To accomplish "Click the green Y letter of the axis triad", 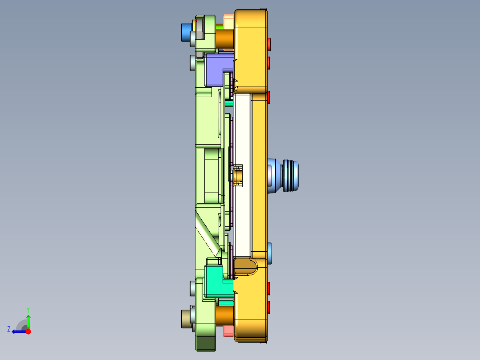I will click(x=28, y=309).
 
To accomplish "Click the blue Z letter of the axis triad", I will click(x=8, y=329).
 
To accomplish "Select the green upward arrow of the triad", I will click(x=28, y=320).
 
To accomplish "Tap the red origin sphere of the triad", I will click(x=28, y=331).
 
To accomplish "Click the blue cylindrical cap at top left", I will click(x=185, y=33).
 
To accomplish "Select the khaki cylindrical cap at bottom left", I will click(x=186, y=319).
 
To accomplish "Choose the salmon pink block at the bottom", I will click(x=228, y=331).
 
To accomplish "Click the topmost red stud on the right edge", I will click(x=269, y=43).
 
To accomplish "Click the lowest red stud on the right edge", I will click(x=269, y=307).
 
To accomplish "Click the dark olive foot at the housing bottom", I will click(x=206, y=342).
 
